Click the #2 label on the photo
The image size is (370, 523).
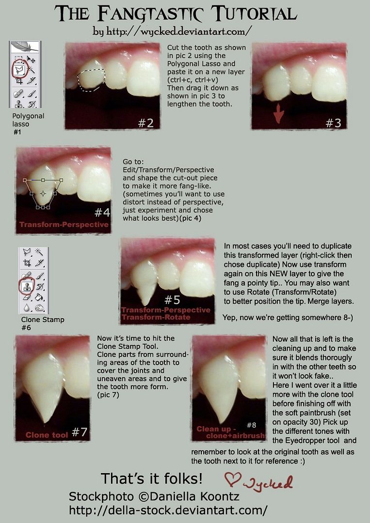pos(146,123)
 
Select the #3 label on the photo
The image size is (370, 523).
pos(333,123)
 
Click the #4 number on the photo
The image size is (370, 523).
pos(102,213)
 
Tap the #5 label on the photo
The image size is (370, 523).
pos(172,300)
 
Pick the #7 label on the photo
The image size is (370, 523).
pos(80,432)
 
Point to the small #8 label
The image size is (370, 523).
pos(252,425)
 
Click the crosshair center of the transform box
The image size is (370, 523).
pos(43,193)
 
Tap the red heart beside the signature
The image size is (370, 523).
pos(232,479)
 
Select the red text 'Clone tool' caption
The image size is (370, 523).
pos(47,435)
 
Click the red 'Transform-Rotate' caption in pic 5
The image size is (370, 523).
pos(156,317)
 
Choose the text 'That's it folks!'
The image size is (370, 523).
pos(152,478)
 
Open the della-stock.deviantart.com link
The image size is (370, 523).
pos(168,510)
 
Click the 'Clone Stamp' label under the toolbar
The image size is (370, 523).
pos(43,320)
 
